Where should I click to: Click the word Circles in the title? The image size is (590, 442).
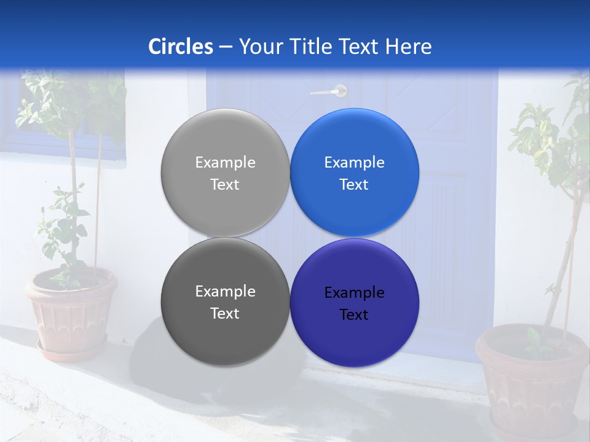(x=181, y=47)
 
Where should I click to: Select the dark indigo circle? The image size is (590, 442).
(x=355, y=335)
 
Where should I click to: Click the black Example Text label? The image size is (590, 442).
(x=354, y=303)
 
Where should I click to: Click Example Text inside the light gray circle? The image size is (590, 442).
(x=225, y=173)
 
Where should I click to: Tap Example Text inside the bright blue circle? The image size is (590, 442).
(x=354, y=173)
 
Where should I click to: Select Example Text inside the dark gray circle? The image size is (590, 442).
(x=225, y=302)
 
